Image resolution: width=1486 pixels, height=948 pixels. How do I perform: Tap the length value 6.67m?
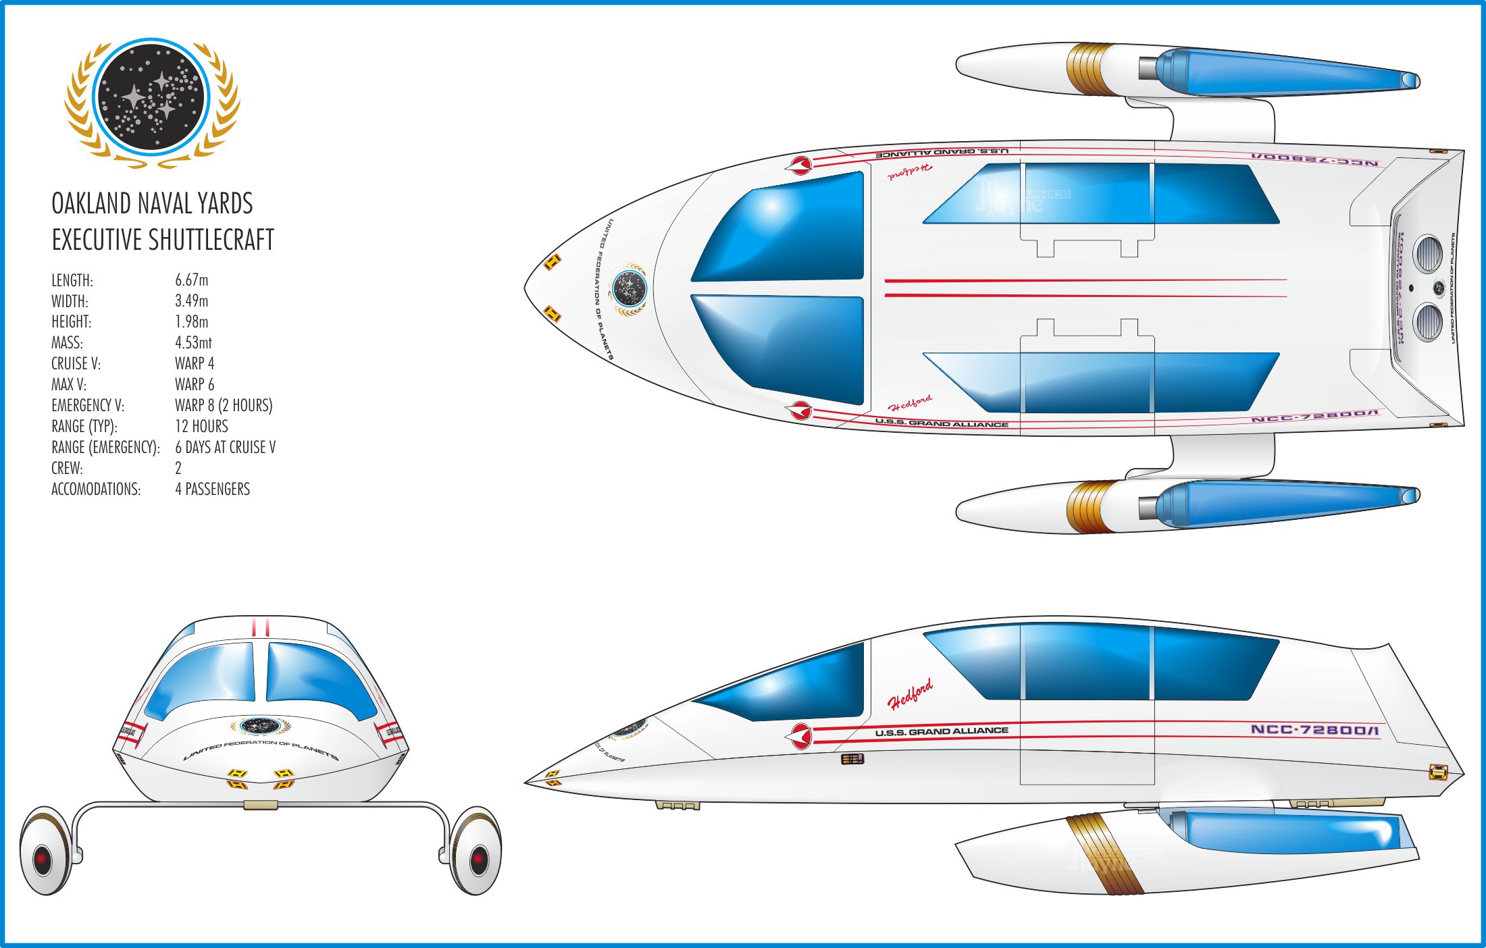[x=192, y=280]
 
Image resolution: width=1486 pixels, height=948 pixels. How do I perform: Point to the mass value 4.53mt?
[x=193, y=343]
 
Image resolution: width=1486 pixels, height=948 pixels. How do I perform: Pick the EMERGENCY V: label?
[x=88, y=406]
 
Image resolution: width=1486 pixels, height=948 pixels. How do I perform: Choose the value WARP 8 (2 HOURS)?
[x=224, y=406]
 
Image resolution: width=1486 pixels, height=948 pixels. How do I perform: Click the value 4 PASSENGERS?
[x=212, y=490]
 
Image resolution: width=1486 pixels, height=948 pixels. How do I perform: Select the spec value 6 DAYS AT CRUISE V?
[x=225, y=448]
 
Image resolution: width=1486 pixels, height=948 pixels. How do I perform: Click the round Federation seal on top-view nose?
[x=629, y=289]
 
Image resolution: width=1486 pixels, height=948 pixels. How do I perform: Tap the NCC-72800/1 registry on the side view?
[x=1314, y=729]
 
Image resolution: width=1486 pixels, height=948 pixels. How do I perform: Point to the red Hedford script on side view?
[x=910, y=693]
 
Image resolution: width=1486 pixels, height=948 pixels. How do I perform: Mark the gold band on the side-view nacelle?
[x=1105, y=854]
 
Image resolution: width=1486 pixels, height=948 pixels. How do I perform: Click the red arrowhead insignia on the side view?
[x=800, y=735]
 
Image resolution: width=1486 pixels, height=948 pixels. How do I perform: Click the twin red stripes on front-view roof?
[x=261, y=627]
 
